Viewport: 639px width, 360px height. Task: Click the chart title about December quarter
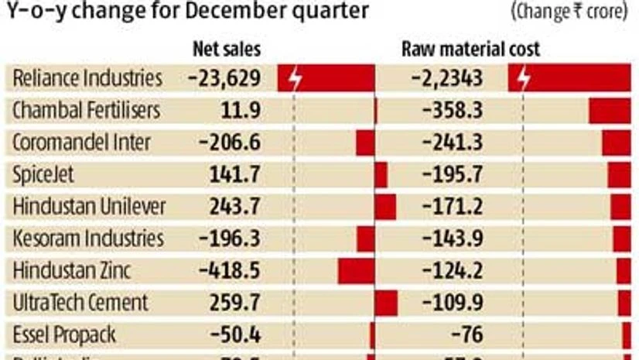click(186, 12)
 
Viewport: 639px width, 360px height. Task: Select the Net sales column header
click(226, 50)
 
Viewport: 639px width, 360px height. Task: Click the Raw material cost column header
click(470, 50)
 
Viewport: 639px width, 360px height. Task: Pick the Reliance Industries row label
click(87, 78)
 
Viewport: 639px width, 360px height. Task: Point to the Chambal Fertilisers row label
click(86, 111)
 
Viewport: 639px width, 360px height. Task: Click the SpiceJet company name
click(43, 175)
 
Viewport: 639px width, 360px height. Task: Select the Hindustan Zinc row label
click(72, 270)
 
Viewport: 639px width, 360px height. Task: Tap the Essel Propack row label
click(64, 334)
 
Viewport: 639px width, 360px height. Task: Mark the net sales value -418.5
click(230, 271)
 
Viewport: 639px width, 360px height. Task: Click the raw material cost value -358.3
click(453, 111)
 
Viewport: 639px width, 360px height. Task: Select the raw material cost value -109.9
click(453, 303)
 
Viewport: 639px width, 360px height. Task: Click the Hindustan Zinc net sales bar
click(356, 271)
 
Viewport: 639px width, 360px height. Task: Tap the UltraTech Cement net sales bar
click(386, 303)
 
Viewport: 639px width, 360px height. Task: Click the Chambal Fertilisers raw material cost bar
click(610, 111)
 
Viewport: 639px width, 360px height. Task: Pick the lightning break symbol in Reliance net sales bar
click(294, 79)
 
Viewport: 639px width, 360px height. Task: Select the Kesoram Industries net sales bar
click(366, 238)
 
